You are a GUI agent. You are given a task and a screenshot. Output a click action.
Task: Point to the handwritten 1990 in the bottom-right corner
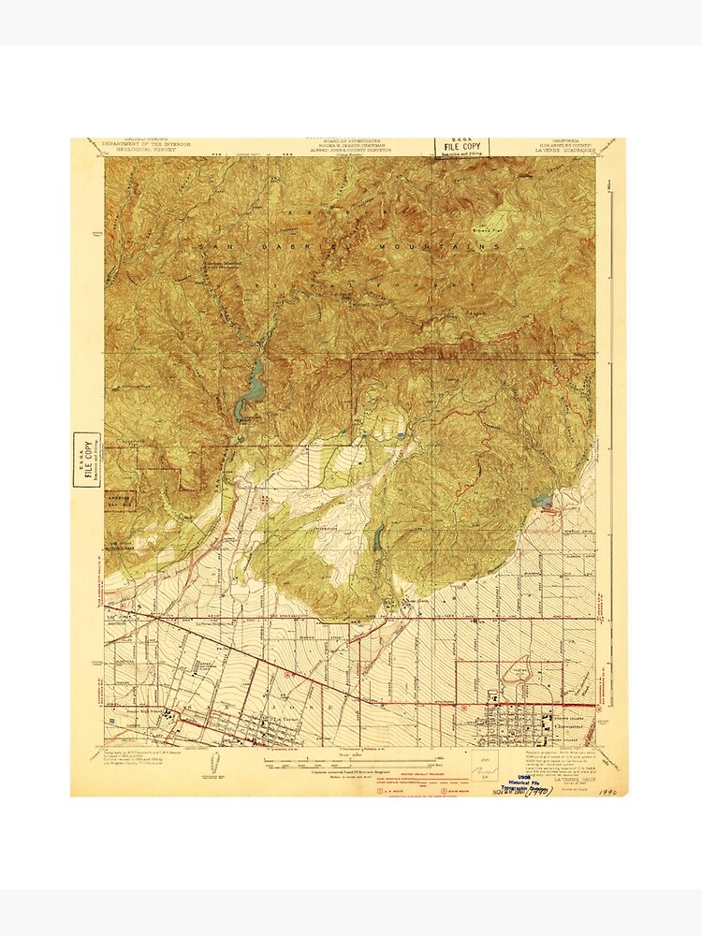tap(612, 791)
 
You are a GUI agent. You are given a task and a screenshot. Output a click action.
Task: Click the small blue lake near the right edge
tap(543, 503)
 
